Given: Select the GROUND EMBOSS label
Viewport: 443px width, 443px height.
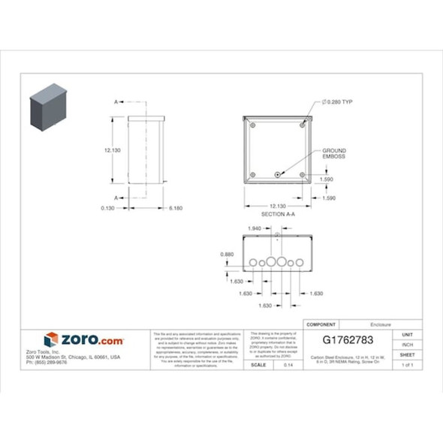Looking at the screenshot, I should (x=334, y=154).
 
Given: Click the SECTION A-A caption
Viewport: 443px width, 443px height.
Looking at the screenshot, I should (x=278, y=214).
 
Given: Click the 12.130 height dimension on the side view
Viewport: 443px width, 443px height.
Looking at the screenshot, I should (x=113, y=150).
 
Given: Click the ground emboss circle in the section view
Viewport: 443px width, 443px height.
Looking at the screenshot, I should (x=278, y=175).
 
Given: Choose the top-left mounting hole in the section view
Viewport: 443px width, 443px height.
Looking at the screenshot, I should (x=253, y=125).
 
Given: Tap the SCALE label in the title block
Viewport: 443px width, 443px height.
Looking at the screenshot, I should (x=258, y=364).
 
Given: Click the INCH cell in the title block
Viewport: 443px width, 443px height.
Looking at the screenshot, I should (x=408, y=344).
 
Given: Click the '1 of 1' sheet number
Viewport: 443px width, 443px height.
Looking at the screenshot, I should (x=408, y=364).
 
